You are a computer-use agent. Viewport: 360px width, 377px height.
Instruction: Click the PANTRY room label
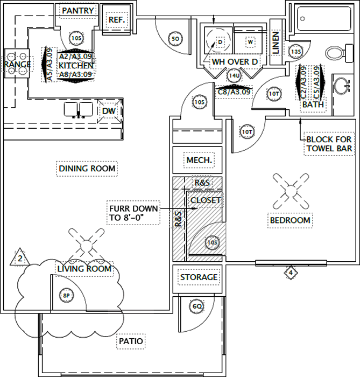point(79,11)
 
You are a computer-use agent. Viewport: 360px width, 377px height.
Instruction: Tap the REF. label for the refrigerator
point(116,20)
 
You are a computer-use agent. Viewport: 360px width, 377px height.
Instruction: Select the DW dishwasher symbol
point(109,110)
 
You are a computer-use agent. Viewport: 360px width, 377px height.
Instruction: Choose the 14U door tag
point(234,76)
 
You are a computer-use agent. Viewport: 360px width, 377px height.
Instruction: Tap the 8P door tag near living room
point(66,296)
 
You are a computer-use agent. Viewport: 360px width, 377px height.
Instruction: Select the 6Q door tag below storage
point(197,306)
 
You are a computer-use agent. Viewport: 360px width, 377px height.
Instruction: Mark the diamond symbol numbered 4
point(291,273)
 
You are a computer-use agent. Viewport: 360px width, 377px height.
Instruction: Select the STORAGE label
point(199,277)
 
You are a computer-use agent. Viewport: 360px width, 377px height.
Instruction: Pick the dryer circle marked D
point(220,41)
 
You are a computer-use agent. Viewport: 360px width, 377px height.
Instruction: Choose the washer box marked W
point(251,41)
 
